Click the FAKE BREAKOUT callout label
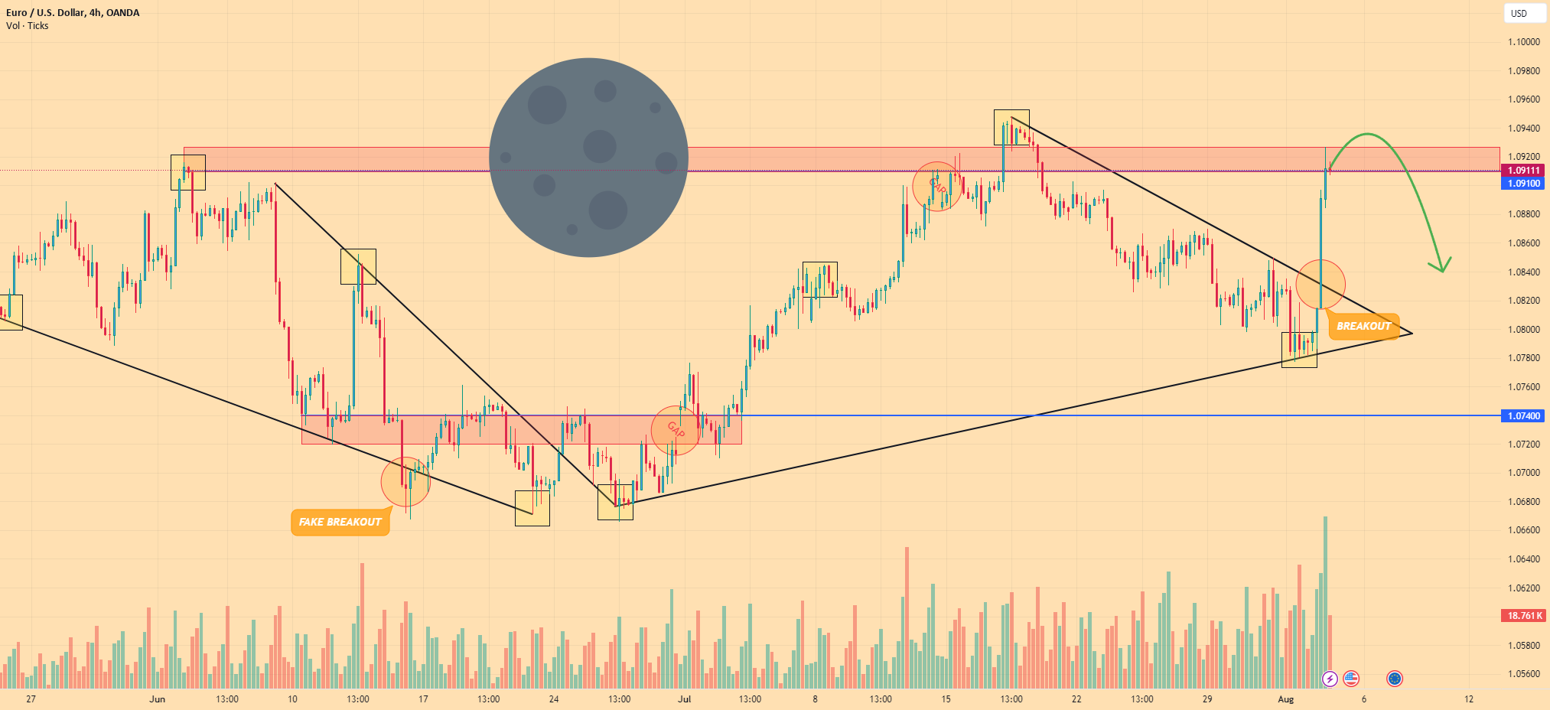340,522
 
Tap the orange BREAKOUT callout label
1363,326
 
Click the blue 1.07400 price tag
1523,415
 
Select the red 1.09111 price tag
1523,171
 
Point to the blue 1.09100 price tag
1523,184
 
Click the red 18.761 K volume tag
1523,616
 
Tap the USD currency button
1519,13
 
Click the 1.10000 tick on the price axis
1523,42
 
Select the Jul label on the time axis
684,699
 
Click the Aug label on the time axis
1285,699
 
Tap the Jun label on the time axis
157,699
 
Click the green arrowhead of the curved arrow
1441,265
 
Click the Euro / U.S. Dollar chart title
73,12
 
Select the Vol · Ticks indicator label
28,26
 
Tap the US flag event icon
1351,679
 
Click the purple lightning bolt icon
1330,679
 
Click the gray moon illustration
588,158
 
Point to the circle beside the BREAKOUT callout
1320,285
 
